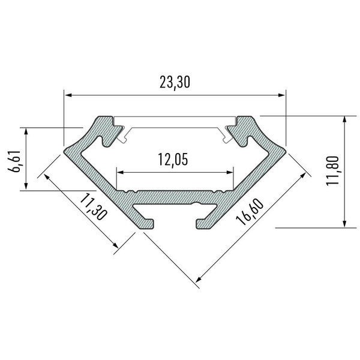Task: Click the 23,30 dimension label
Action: tap(175, 83)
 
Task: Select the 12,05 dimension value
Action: tap(173, 160)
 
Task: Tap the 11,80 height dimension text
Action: tap(332, 171)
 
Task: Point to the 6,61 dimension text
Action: tap(14, 161)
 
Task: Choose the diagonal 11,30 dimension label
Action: tap(93, 206)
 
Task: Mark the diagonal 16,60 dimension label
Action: tap(250, 212)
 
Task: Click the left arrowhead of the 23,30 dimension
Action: tap(68, 95)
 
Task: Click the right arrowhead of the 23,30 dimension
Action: tap(282, 95)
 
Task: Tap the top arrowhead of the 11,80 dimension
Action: tap(344, 120)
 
